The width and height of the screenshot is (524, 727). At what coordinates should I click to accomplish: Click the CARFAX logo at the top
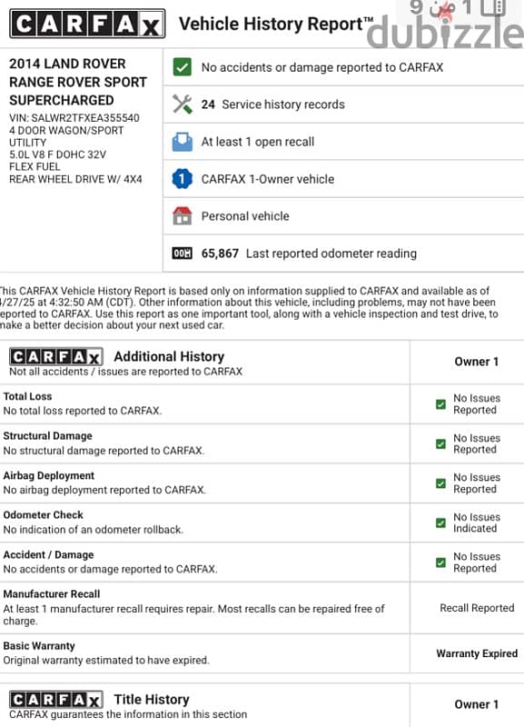pyautogui.click(x=87, y=25)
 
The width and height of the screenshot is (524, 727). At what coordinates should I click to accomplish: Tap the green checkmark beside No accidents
pyautogui.click(x=183, y=67)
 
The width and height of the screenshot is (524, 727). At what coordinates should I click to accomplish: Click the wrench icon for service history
pyautogui.click(x=183, y=105)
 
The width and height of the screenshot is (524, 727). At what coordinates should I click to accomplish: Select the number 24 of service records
pyautogui.click(x=208, y=105)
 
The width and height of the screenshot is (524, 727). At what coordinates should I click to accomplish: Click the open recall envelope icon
pyautogui.click(x=183, y=142)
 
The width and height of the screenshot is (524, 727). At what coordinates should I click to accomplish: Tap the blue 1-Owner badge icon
pyautogui.click(x=183, y=179)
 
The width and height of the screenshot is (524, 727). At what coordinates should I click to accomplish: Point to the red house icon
pyautogui.click(x=183, y=216)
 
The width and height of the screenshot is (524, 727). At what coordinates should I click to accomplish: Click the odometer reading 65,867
pyautogui.click(x=220, y=254)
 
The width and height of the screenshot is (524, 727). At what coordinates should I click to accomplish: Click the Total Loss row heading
pyautogui.click(x=28, y=396)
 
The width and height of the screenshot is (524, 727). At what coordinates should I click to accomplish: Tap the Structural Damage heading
pyautogui.click(x=47, y=436)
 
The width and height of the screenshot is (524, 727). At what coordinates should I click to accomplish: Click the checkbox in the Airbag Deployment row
pyautogui.click(x=440, y=483)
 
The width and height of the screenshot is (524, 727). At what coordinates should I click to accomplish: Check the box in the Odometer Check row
pyautogui.click(x=440, y=523)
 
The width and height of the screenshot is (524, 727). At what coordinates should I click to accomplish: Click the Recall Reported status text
pyautogui.click(x=477, y=608)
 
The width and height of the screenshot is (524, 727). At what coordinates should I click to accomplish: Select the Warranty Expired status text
pyautogui.click(x=477, y=653)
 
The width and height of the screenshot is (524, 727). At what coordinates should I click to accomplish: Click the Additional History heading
pyautogui.click(x=169, y=356)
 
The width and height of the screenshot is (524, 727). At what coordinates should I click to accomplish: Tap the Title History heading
pyautogui.click(x=152, y=699)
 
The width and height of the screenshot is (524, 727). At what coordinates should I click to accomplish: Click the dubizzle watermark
pyautogui.click(x=445, y=32)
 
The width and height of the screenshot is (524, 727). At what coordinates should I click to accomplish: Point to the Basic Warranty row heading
pyautogui.click(x=39, y=646)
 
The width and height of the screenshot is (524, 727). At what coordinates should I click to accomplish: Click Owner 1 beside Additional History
pyautogui.click(x=477, y=362)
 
